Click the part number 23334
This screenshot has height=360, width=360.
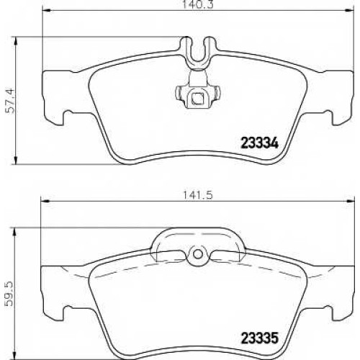[x=259, y=143]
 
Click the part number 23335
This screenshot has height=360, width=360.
[x=259, y=338]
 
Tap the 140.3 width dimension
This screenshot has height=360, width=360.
[x=198, y=5]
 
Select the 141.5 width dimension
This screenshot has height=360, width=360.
[x=198, y=195]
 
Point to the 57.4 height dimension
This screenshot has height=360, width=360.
[x=11, y=101]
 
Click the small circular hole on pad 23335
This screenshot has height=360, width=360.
[x=197, y=254]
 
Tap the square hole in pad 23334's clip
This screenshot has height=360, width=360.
[x=198, y=98]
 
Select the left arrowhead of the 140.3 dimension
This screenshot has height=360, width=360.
[x=46, y=10]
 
